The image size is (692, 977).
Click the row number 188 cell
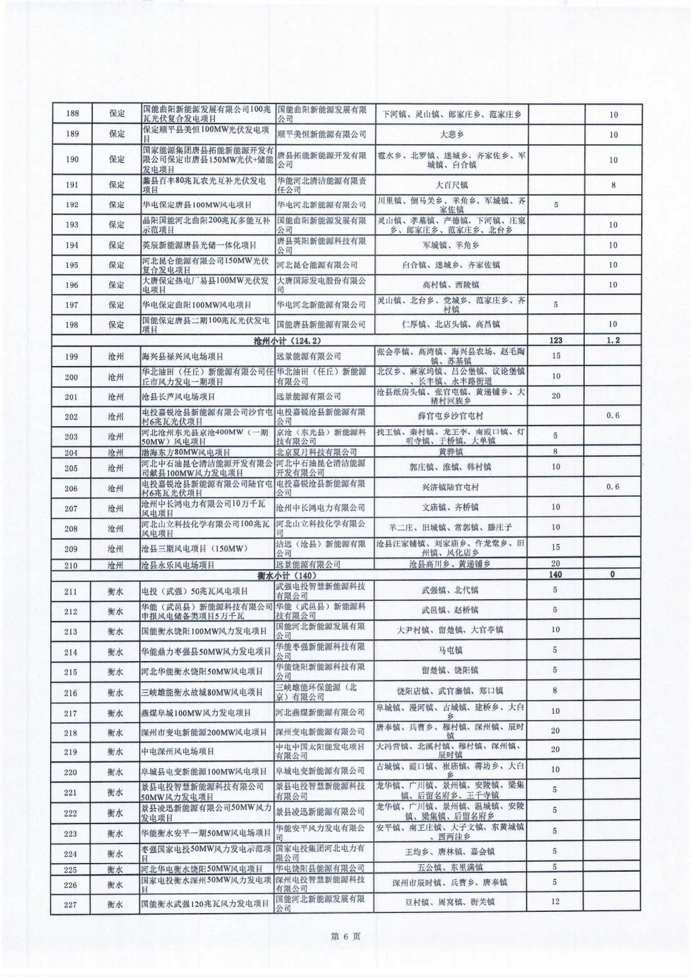[72, 114]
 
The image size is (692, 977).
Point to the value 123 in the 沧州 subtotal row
[555, 340]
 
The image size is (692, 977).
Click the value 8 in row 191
[614, 185]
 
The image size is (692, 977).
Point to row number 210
[72, 565]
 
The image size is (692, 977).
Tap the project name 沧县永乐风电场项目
[179, 565]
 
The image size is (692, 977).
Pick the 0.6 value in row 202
[614, 415]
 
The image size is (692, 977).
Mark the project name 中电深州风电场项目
[178, 751]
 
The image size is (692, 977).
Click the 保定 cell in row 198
[117, 325]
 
